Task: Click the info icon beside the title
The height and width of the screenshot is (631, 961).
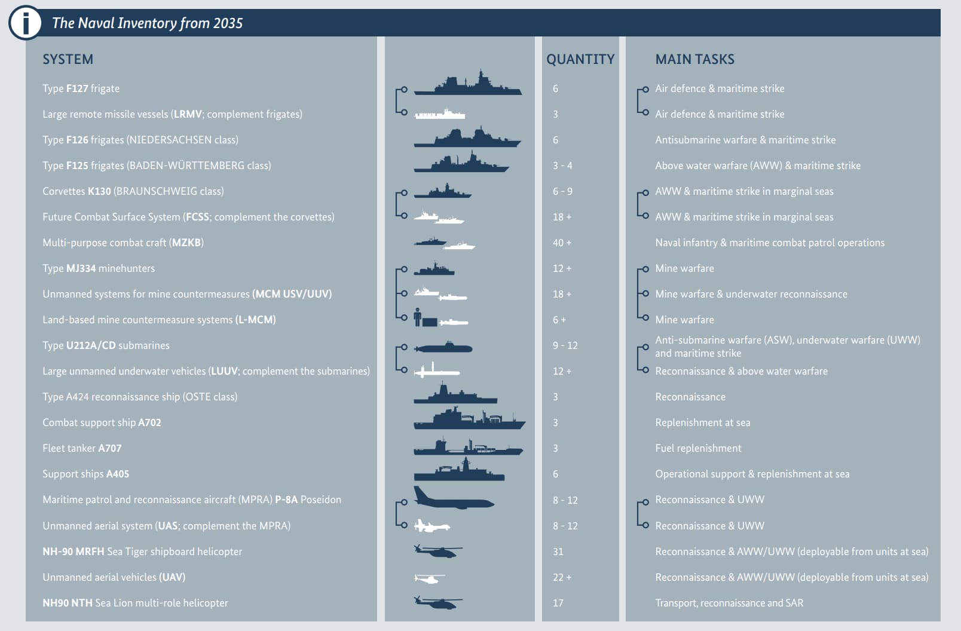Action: [25, 22]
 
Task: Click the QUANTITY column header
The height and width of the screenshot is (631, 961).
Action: [580, 59]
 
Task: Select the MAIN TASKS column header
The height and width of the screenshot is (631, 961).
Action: [694, 59]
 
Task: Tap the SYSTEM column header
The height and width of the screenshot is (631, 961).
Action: [68, 59]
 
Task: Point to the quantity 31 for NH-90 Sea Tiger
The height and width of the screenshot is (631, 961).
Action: [558, 552]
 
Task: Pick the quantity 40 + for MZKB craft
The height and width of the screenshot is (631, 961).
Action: [562, 243]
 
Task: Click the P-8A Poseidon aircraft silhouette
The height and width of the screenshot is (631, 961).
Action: [454, 498]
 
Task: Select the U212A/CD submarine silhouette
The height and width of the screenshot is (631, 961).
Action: [443, 347]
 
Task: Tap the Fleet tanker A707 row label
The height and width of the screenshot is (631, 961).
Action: [82, 448]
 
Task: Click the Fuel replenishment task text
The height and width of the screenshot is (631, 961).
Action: [698, 448]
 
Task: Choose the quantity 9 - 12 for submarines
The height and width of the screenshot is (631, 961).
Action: [565, 346]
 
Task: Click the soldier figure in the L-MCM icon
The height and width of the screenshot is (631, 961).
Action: [417, 317]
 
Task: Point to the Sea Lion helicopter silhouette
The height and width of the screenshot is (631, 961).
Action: [438, 602]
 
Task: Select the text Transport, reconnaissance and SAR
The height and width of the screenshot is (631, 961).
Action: [729, 603]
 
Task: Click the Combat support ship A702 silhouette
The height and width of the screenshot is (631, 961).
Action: [469, 418]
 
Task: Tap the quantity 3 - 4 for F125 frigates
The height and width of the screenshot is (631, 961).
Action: [562, 166]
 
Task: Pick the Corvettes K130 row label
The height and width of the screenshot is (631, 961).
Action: [133, 191]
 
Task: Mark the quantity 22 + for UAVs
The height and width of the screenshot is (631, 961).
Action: [562, 577]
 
